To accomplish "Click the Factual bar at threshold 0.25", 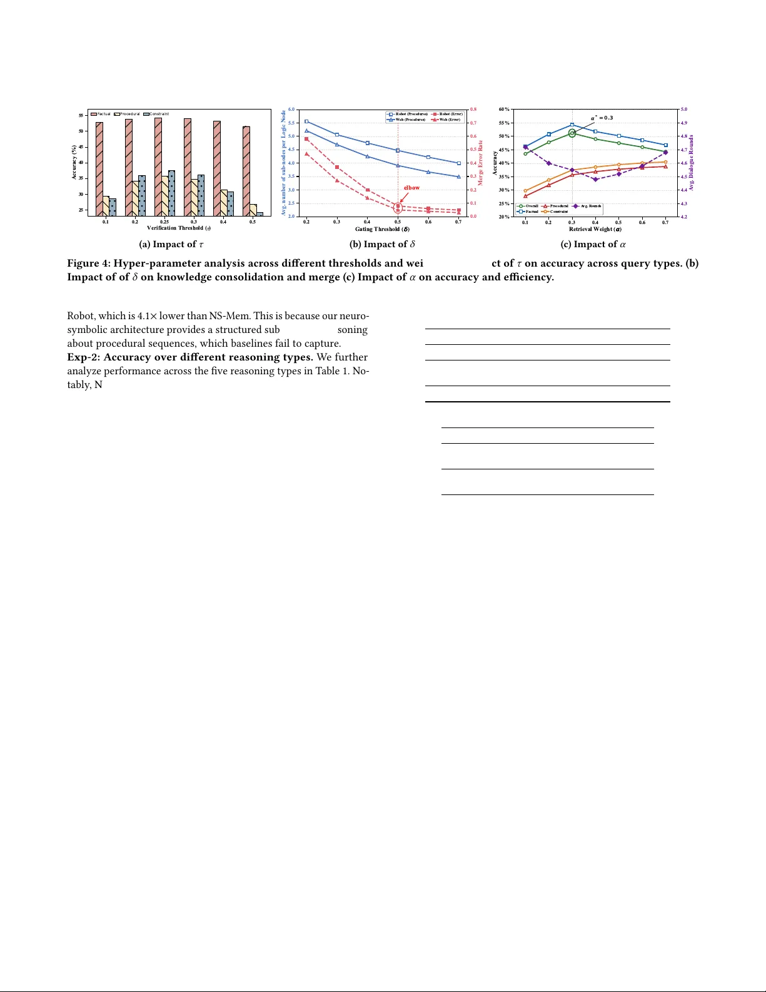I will [158, 166].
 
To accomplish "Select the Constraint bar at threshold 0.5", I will [260, 214].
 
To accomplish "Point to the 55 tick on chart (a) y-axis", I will [81, 115].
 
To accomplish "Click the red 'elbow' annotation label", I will [411, 188].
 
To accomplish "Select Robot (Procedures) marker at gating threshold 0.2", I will [306, 121].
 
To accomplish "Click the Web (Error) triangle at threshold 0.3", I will [337, 180].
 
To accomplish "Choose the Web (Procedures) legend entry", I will [410, 119].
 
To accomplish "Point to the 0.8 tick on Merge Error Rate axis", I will [473, 110].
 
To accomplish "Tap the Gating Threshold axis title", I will [382, 229].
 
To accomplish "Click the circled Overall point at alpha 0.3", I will [572, 133].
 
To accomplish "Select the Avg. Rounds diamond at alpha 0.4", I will [595, 180].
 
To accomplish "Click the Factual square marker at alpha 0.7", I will [665, 145].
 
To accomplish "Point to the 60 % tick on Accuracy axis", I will [503, 110].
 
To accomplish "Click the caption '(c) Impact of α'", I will [593, 245].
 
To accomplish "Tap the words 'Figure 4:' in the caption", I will [89, 263].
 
